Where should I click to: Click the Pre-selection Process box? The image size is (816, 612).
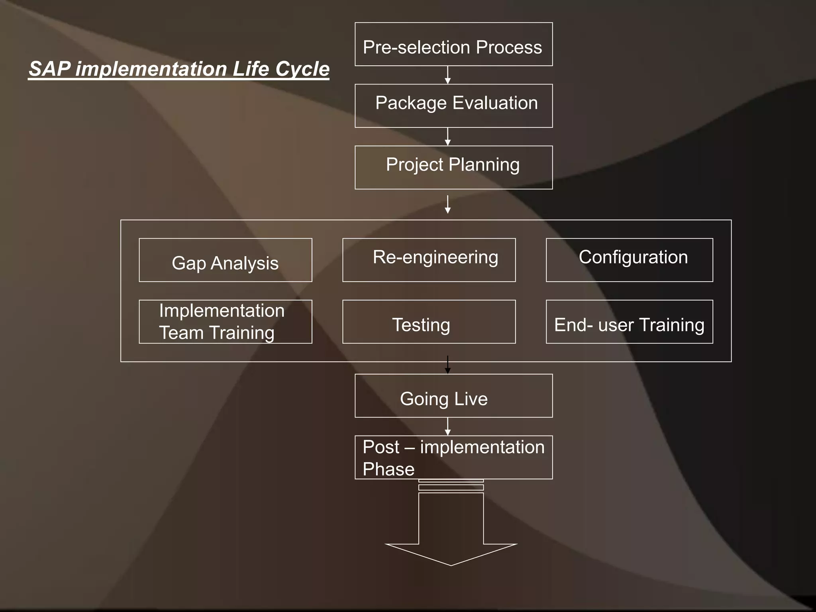click(x=453, y=44)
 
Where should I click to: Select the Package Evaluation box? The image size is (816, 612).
click(x=453, y=106)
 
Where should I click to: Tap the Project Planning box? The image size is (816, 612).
click(x=453, y=167)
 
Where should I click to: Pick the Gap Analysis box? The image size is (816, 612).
click(x=225, y=260)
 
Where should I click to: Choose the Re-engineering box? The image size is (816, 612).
click(x=429, y=260)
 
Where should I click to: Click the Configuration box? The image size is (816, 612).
click(x=629, y=260)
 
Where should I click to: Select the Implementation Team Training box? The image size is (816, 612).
click(x=225, y=322)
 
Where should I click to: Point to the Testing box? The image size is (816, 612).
click(x=429, y=322)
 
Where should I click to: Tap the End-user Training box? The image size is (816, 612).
click(x=629, y=322)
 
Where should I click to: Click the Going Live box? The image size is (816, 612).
click(x=453, y=396)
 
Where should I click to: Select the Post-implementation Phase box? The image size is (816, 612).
click(x=453, y=457)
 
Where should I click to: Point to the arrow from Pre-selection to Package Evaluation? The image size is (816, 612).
click(x=448, y=75)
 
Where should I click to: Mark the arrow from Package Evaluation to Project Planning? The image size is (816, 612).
click(x=448, y=137)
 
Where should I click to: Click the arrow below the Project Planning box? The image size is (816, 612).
click(x=448, y=204)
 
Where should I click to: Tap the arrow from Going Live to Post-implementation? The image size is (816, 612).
click(x=448, y=426)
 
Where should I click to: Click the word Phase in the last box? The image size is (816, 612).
click(x=388, y=469)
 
